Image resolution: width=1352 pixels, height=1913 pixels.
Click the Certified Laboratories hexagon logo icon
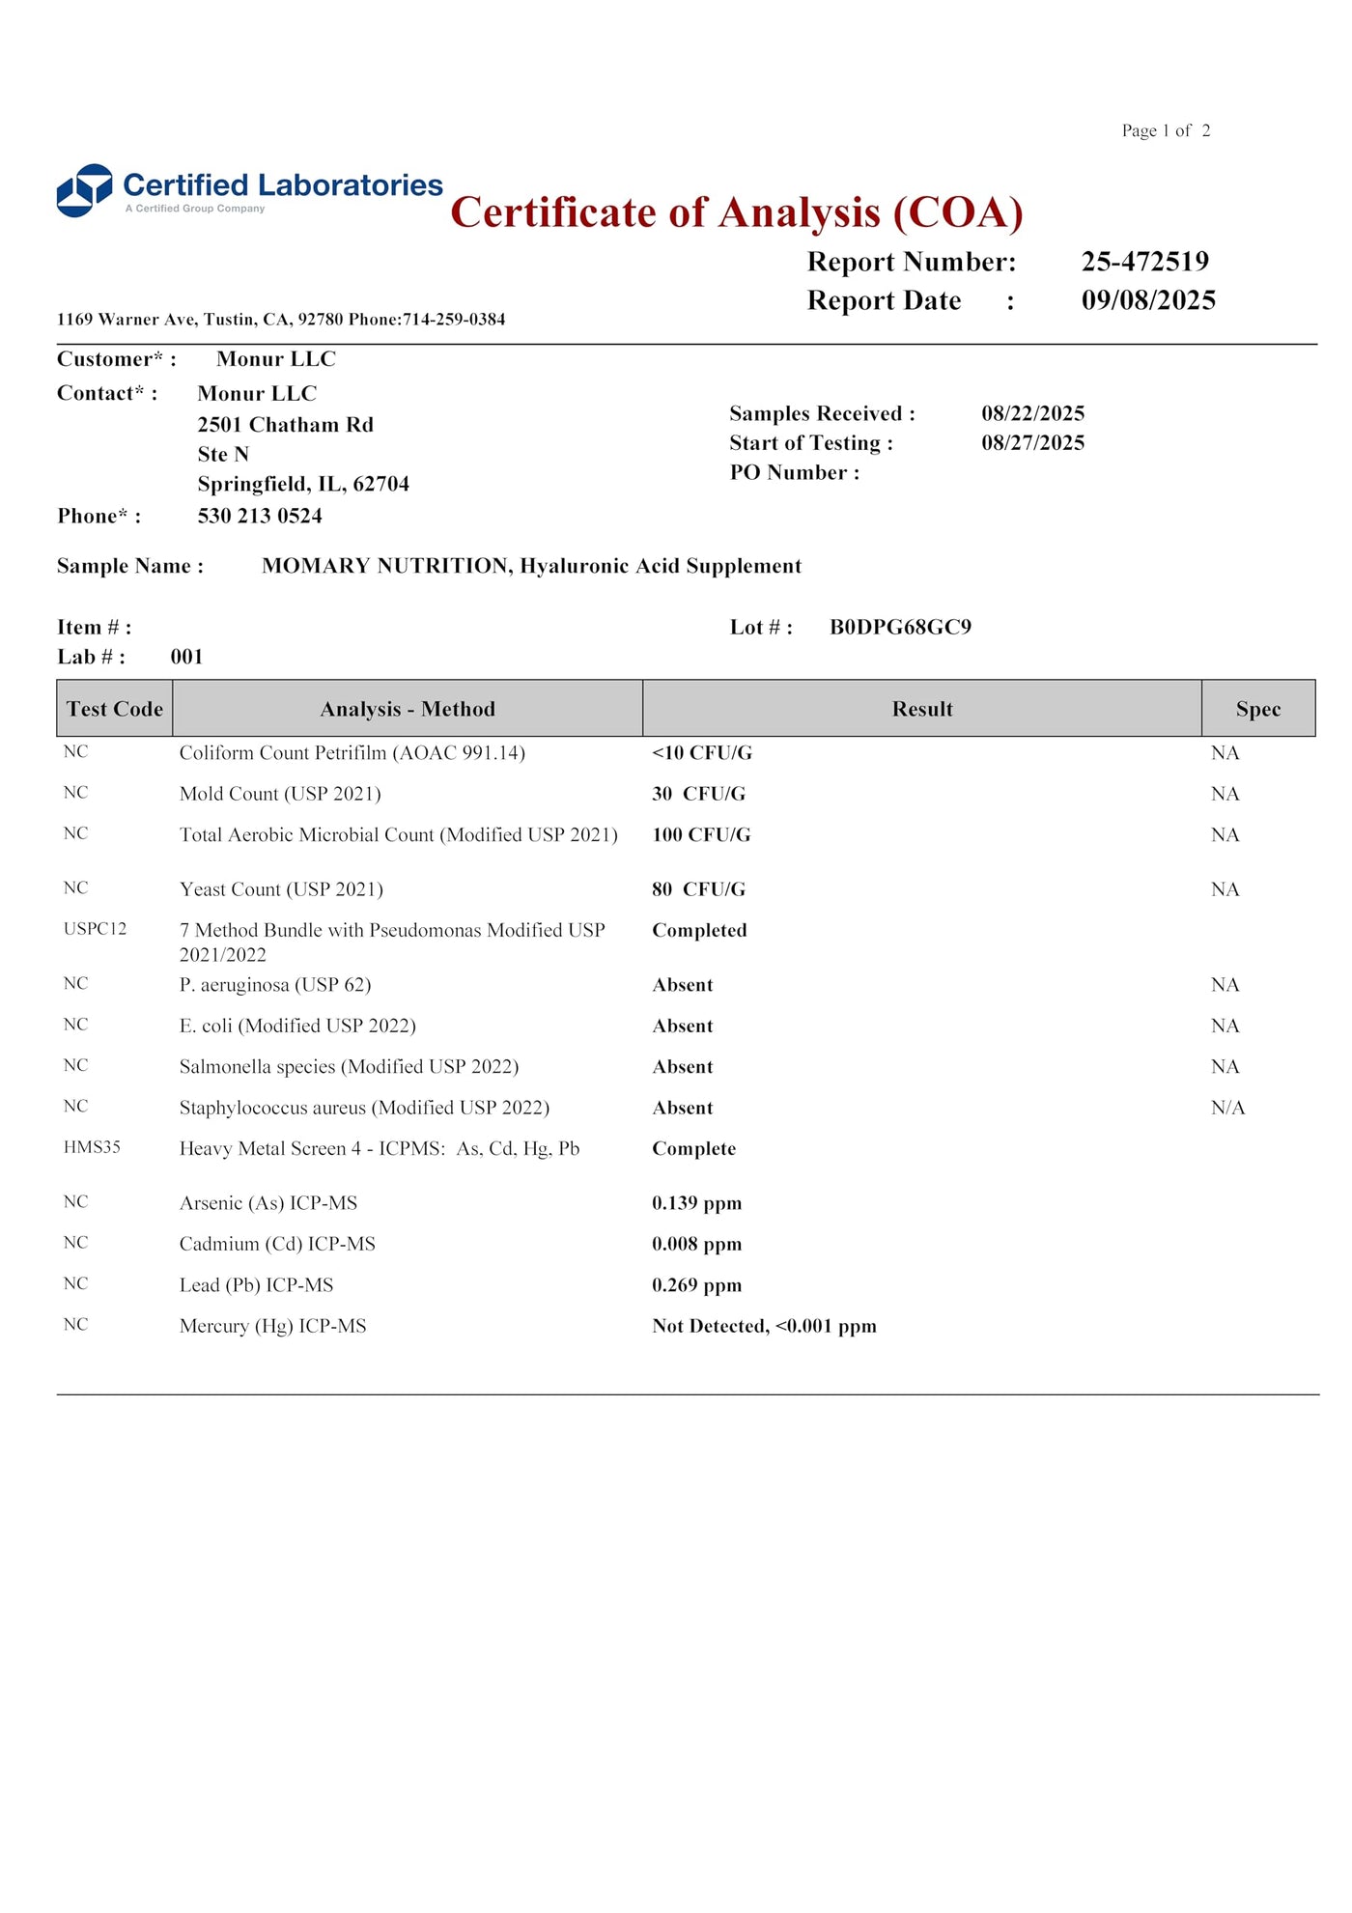click(x=85, y=190)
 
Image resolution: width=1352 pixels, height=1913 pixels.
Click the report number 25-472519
click(x=1144, y=262)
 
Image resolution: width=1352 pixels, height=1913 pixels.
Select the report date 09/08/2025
click(x=1148, y=300)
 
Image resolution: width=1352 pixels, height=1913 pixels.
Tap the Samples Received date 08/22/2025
click(x=1032, y=413)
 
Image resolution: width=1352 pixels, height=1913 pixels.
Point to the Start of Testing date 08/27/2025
click(x=1032, y=443)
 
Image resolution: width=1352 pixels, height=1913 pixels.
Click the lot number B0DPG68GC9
click(x=900, y=628)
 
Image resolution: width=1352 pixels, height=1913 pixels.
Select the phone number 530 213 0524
click(x=260, y=516)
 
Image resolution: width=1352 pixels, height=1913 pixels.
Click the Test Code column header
click(x=115, y=709)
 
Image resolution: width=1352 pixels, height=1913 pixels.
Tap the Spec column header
click(x=1257, y=709)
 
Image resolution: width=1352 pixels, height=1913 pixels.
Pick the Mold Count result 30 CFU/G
click(x=698, y=794)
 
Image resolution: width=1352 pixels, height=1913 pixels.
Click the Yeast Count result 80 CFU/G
click(x=698, y=889)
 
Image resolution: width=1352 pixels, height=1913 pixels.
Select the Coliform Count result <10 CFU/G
click(x=701, y=753)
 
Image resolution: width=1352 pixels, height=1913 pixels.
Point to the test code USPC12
click(x=95, y=929)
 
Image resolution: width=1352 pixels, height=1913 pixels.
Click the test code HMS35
click(x=92, y=1147)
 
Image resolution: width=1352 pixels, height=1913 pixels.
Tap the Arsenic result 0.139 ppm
click(x=696, y=1203)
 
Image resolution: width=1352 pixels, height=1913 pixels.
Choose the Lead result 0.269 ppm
click(x=696, y=1285)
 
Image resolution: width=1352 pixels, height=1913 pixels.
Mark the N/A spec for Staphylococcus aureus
click(x=1227, y=1108)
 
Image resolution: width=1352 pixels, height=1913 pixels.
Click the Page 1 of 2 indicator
click(x=1166, y=130)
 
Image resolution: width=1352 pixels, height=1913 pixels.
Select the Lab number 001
click(x=186, y=657)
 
